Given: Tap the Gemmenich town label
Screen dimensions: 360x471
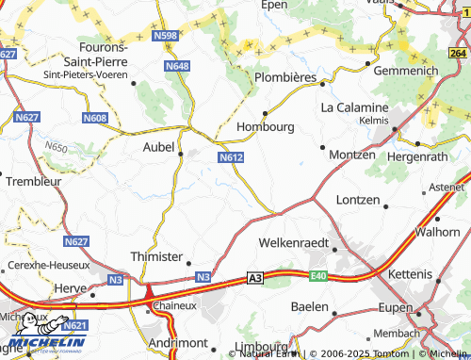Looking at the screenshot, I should pos(405,72).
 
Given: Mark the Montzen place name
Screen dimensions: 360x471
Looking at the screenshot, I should pos(352,154).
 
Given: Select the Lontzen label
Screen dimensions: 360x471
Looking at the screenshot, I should pos(358,201).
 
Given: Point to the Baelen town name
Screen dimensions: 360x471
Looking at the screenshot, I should pos(309,307).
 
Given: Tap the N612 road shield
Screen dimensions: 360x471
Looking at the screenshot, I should pos(231,157).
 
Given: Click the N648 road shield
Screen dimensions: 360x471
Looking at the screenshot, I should pos(176,66).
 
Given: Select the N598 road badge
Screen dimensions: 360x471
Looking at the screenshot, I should pos(164,36).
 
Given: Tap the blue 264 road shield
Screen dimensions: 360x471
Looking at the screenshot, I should pos(459,54).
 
